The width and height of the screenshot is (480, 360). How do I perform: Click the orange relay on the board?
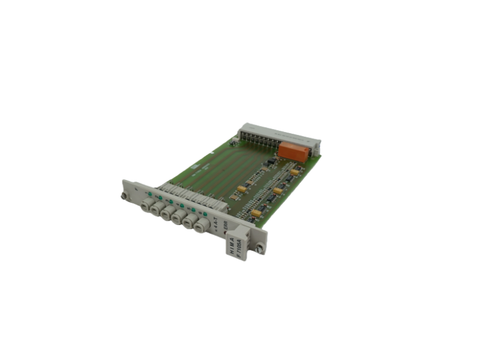[294, 152]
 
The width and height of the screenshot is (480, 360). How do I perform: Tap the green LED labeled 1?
[149, 193]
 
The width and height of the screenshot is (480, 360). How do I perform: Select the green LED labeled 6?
[205, 214]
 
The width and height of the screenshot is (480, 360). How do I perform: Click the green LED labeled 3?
[171, 202]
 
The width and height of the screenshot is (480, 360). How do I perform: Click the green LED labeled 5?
[194, 210]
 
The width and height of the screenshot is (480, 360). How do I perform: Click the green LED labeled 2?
[160, 197]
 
